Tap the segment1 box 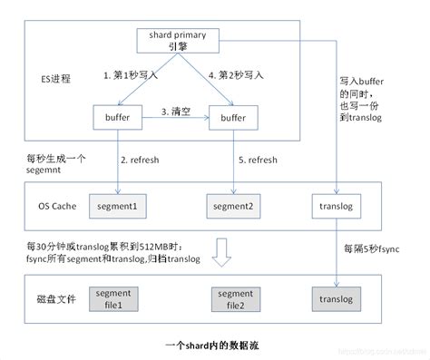click(117, 207)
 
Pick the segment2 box click(234, 207)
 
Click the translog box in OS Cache click(337, 207)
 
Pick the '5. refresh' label click(258, 160)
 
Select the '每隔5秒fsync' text click(372, 247)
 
